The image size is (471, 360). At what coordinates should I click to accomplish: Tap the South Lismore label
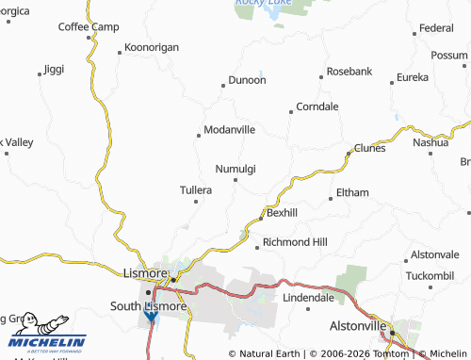coord(149,305)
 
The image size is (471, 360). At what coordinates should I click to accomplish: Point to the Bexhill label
coord(282,213)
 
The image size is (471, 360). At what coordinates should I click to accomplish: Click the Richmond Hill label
coord(295,242)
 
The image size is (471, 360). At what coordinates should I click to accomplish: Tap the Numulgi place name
coord(235,169)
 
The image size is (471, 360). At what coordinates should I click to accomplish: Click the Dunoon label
coord(247,81)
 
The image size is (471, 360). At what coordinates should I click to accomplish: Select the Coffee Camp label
coord(89,26)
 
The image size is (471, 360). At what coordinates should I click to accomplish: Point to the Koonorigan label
coord(150,48)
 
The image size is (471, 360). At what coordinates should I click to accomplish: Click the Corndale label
coord(317,106)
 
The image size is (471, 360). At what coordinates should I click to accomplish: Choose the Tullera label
coord(196,189)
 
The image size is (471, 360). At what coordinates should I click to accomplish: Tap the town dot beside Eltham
coord(330,199)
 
